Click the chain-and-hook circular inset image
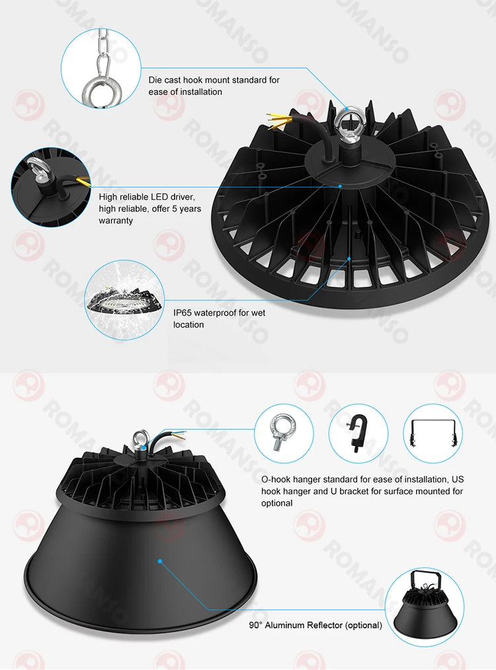click(101, 67)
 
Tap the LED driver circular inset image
click(50, 186)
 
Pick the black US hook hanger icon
click(357, 434)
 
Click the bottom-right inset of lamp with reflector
click(424, 608)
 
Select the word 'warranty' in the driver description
click(116, 221)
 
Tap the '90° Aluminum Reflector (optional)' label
click(315, 625)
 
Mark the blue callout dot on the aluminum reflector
click(159, 562)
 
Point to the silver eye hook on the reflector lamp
click(139, 438)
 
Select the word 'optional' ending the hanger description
click(277, 503)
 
